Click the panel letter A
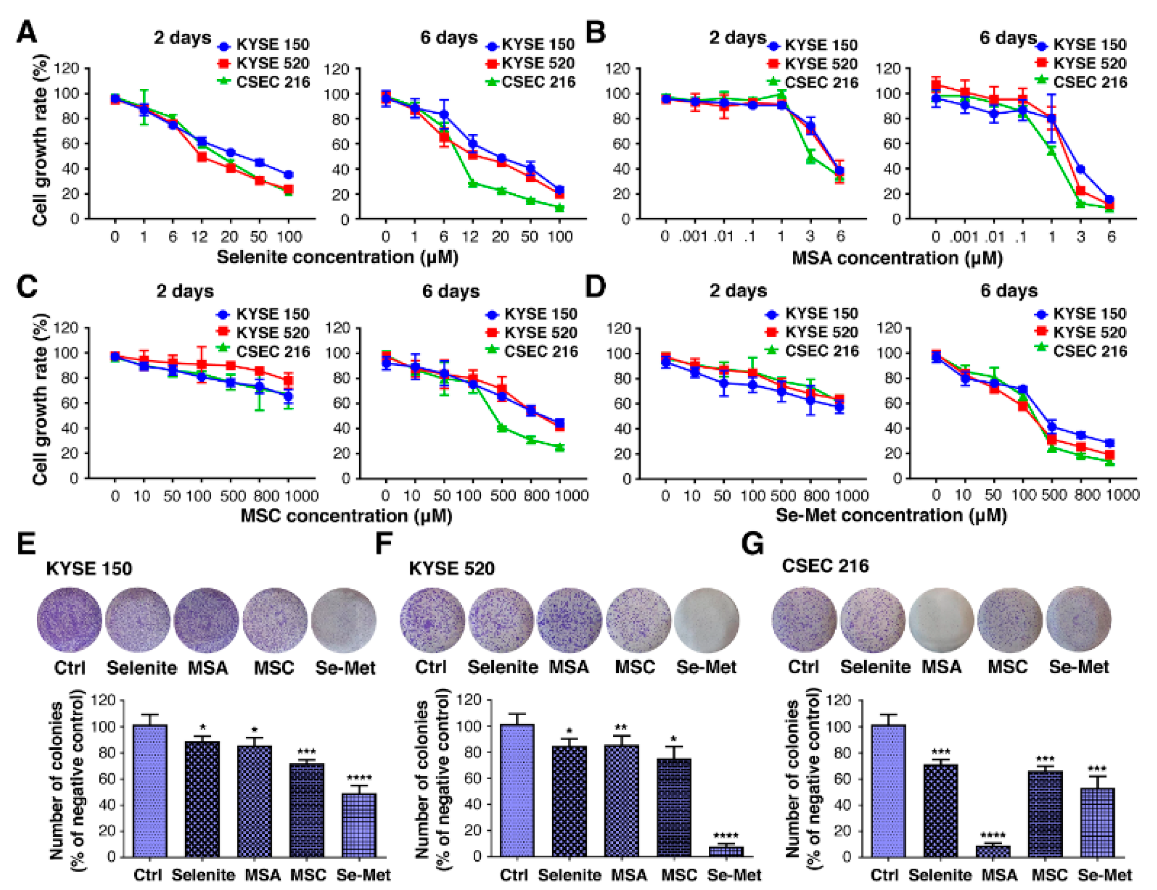pyautogui.click(x=27, y=33)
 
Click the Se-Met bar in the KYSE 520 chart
pyautogui.click(x=726, y=851)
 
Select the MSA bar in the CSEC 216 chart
pyautogui.click(x=993, y=851)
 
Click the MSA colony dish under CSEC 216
pyautogui.click(x=942, y=619)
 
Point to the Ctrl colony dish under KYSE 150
pyautogui.click(x=69, y=619)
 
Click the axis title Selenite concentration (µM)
pyautogui.click(x=338, y=257)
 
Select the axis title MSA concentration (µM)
pyautogui.click(x=897, y=258)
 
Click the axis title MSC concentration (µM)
pyautogui.click(x=346, y=516)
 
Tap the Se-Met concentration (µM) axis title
pyautogui.click(x=892, y=515)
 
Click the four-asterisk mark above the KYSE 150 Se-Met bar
pyautogui.click(x=359, y=778)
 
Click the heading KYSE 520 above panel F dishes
pyautogui.click(x=451, y=568)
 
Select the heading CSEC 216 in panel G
pyautogui.click(x=825, y=566)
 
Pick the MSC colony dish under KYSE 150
pyautogui.click(x=275, y=619)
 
